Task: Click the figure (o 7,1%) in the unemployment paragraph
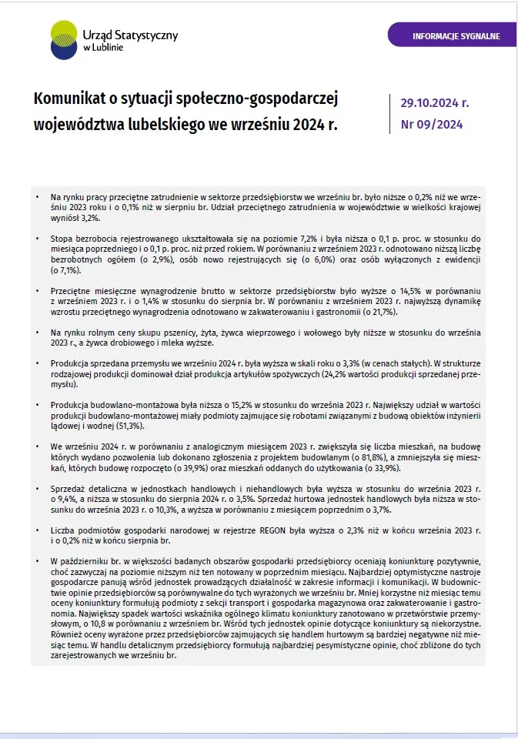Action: [x=65, y=271]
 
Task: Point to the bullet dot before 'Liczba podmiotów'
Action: [x=37, y=530]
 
